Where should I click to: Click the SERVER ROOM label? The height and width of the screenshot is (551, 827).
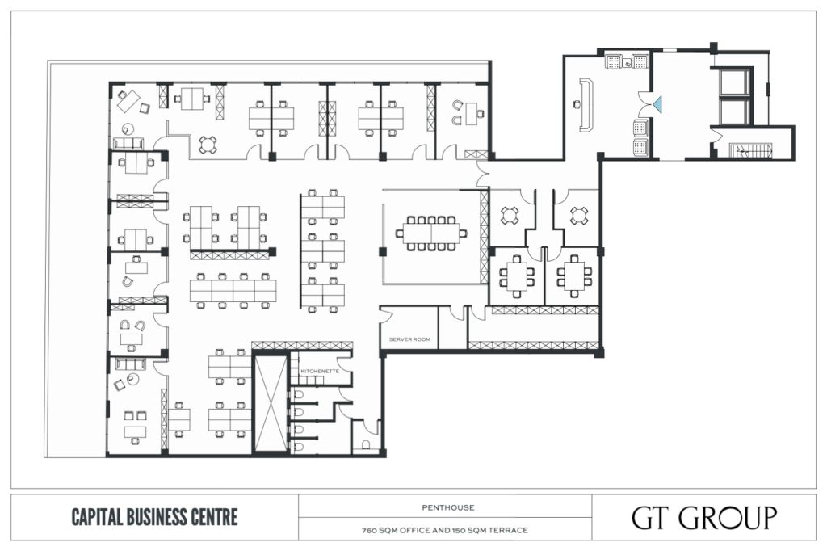click(x=409, y=339)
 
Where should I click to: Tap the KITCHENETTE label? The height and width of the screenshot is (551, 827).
click(x=320, y=371)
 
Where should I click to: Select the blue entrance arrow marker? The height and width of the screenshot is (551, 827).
click(x=657, y=104)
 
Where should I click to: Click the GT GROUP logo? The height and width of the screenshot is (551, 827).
click(x=704, y=518)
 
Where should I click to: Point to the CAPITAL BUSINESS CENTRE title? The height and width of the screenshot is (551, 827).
click(x=154, y=517)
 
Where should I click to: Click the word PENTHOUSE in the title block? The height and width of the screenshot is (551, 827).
click(x=447, y=507)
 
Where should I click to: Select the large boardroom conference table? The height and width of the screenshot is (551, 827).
click(x=431, y=233)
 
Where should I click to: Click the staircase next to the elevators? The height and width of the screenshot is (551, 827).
click(x=750, y=150)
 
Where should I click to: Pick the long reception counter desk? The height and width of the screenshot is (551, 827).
click(x=586, y=105)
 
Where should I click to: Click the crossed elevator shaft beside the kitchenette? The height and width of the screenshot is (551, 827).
click(x=271, y=404)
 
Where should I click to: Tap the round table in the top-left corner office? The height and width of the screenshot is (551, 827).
click(x=128, y=128)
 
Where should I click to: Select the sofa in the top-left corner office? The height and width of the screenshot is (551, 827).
click(x=128, y=143)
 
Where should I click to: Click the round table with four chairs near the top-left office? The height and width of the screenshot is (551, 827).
click(x=208, y=145)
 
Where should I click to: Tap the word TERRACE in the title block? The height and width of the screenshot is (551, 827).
click(x=510, y=531)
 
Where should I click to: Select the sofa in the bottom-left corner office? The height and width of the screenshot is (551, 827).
click(x=131, y=364)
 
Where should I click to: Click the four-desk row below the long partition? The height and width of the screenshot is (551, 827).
click(x=233, y=290)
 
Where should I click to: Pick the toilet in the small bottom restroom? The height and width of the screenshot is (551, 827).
click(x=366, y=445)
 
